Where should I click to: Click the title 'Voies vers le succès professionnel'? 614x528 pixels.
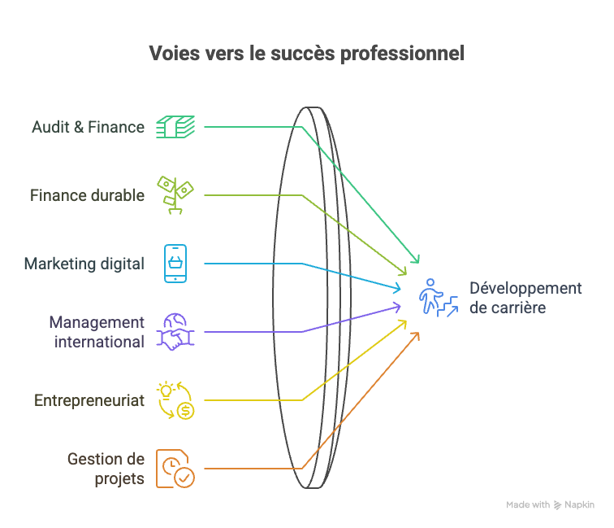coord(307,55)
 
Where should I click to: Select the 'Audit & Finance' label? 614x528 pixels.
coord(88,127)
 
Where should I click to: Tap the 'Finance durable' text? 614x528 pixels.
coord(87,195)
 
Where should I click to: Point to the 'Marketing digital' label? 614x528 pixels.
coord(84,264)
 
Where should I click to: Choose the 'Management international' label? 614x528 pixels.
coord(96,332)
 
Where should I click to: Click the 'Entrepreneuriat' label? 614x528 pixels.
coord(89,400)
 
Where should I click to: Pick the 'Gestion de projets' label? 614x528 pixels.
coord(106,469)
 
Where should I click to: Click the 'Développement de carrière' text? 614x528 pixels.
coord(525,298)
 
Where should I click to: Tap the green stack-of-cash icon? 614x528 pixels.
coord(176,127)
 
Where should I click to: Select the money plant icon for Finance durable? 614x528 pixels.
coord(176,195)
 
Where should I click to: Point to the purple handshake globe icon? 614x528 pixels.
coord(176,332)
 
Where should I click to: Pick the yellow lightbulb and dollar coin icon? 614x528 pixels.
coord(176,400)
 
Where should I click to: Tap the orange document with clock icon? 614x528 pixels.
coord(176,469)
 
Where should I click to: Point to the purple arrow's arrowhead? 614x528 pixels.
coord(398,306)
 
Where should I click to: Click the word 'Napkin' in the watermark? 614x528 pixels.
coord(579,504)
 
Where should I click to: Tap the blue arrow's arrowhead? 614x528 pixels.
coord(398,288)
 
